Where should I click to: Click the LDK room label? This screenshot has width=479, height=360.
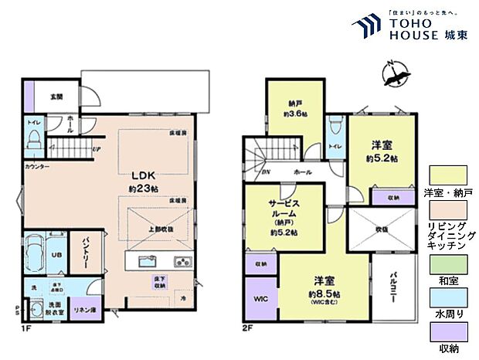coord(138,175)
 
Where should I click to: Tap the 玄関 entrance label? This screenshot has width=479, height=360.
coord(56,97)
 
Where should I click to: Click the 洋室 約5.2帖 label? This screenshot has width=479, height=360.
coord(382,151)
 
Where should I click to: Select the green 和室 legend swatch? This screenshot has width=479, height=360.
coord(449,263)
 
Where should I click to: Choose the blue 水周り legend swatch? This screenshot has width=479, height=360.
coord(449,298)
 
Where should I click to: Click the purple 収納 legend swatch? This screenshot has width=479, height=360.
coord(449,334)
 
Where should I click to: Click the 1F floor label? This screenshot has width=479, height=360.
coord(28,328)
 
